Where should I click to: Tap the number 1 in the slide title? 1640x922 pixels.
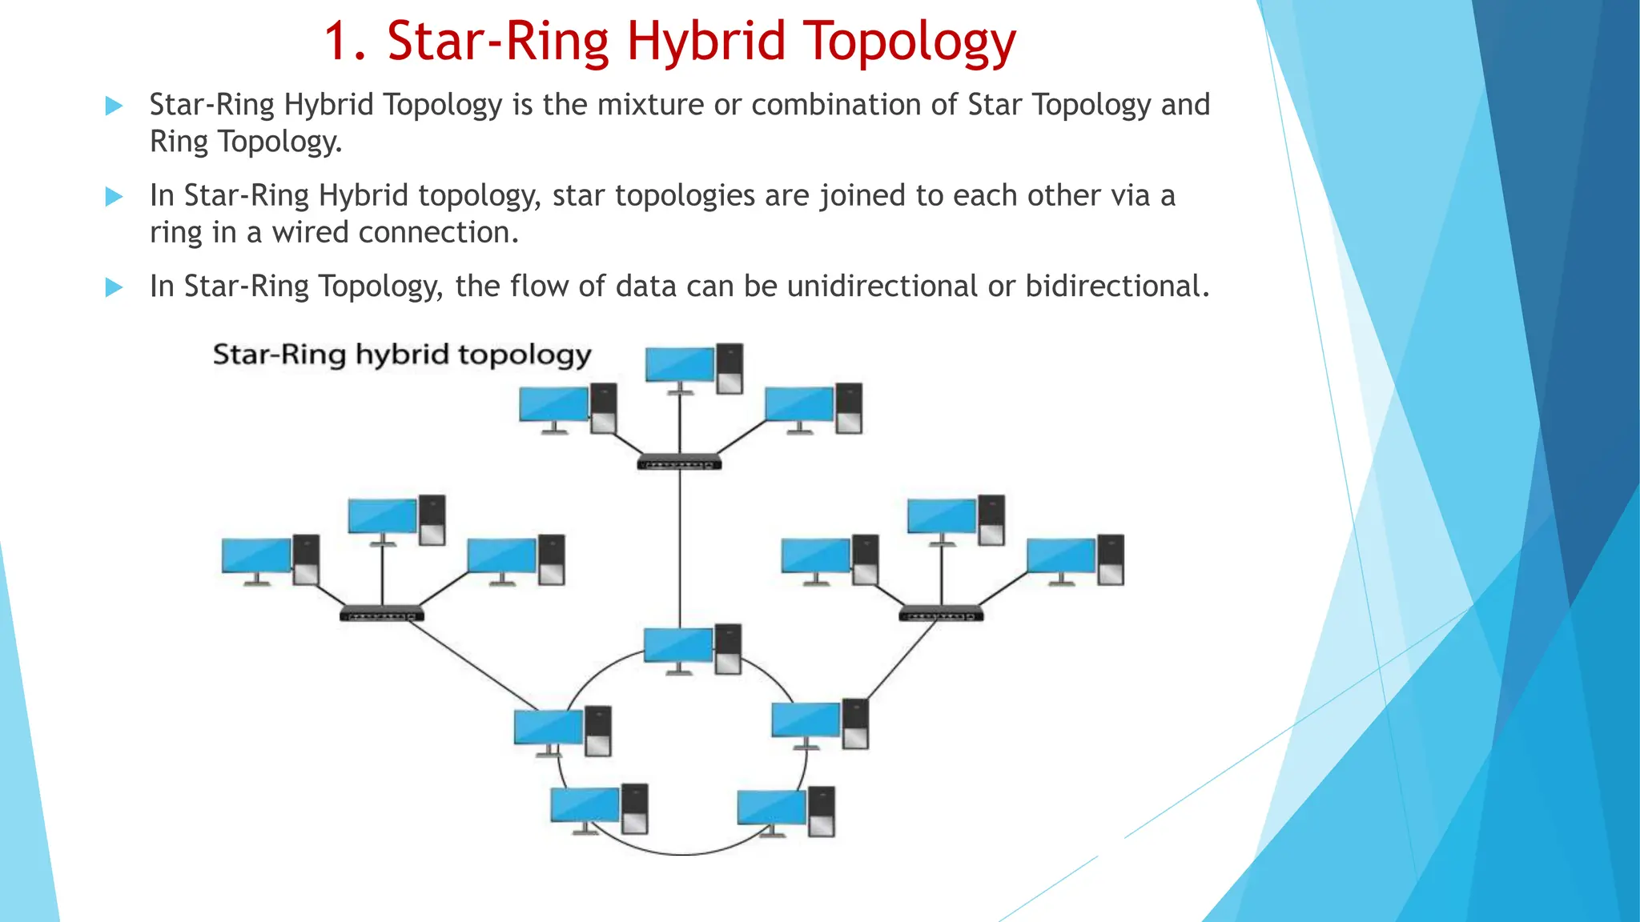pos(336,42)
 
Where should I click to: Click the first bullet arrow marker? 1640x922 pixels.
pos(115,106)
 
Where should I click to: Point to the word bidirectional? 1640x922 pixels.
pos(1117,287)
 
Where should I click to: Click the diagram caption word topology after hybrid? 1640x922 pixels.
pos(525,355)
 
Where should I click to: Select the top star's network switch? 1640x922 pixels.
pos(679,463)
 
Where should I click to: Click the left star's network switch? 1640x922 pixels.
pos(382,615)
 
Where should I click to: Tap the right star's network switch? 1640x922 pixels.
pos(941,615)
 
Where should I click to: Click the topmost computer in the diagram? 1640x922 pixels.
pos(693,368)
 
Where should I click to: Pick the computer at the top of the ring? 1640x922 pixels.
pos(692,649)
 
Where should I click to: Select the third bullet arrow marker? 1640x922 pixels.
pos(115,287)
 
